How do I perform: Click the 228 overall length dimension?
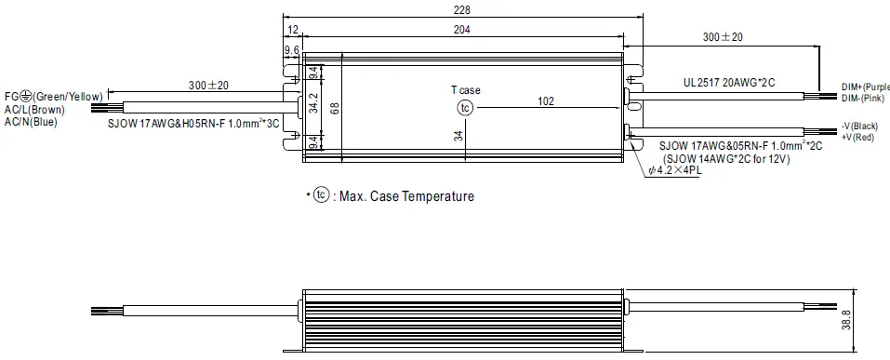coord(462,9)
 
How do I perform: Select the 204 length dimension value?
coord(462,31)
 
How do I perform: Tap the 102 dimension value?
coord(546,101)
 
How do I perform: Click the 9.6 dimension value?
coord(291,50)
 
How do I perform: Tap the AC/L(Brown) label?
coord(34,109)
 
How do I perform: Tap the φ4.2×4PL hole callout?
coord(678,170)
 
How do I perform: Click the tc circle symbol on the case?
coord(466,109)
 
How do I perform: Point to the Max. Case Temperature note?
coord(394,196)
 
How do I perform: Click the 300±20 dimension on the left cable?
coord(209,85)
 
